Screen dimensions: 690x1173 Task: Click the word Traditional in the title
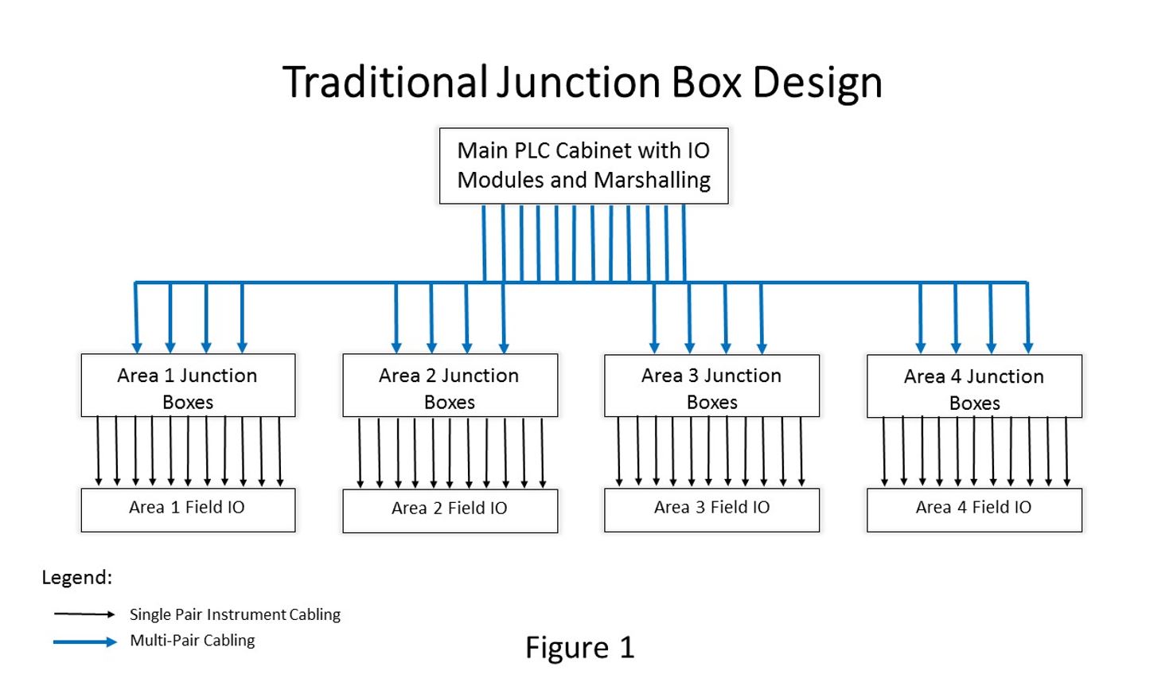point(385,83)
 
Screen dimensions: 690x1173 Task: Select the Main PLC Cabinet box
point(583,166)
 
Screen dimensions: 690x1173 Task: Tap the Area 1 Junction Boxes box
point(188,386)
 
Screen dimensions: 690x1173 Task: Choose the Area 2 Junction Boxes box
point(450,386)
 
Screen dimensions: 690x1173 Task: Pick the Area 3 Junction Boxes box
point(711,386)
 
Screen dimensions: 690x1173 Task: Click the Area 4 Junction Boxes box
point(974,387)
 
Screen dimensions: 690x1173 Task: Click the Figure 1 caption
point(579,648)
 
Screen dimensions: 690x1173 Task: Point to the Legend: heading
point(77,578)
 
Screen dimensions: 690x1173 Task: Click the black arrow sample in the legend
point(84,614)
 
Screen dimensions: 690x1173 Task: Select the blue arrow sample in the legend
point(84,641)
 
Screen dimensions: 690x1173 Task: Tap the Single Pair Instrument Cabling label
point(235,614)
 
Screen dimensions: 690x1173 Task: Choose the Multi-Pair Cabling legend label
point(193,641)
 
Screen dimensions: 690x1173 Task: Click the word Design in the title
point(817,83)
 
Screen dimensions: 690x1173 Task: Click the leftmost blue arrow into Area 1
point(136,318)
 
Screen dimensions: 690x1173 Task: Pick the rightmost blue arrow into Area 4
point(1027,318)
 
